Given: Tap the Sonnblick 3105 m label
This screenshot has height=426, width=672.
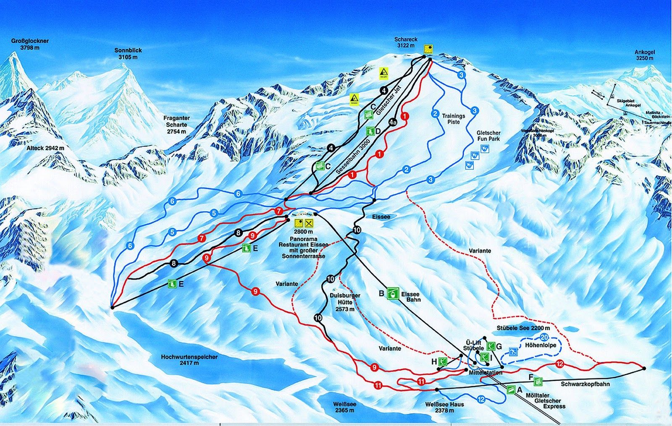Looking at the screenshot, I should coord(128,53).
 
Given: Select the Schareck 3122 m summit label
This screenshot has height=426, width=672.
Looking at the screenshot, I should coord(406,42).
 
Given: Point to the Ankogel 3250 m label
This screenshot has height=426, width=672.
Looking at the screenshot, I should coord(645,55).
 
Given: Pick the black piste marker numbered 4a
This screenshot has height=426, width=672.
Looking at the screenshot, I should coord(393,122).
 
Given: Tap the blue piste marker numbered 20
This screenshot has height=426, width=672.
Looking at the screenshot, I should coord(545,337).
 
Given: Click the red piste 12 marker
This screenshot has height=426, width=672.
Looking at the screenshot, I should coord(559,364).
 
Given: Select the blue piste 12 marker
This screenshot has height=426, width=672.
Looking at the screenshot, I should coord(481,399).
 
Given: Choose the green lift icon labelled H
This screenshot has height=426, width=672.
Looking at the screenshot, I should coord(442,361).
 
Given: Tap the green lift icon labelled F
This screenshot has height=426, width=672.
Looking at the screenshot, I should coord(538,381).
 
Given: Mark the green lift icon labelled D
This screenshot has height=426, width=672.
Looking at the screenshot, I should coord(370,131).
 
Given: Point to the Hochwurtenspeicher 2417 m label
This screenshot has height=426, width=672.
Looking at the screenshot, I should coord(189,360).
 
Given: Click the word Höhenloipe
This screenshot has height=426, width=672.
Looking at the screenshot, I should coord(541,345).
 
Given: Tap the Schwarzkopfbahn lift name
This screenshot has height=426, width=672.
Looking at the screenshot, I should coord(585,384).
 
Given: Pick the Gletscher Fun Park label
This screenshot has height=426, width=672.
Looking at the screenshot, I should coord(488,136).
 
